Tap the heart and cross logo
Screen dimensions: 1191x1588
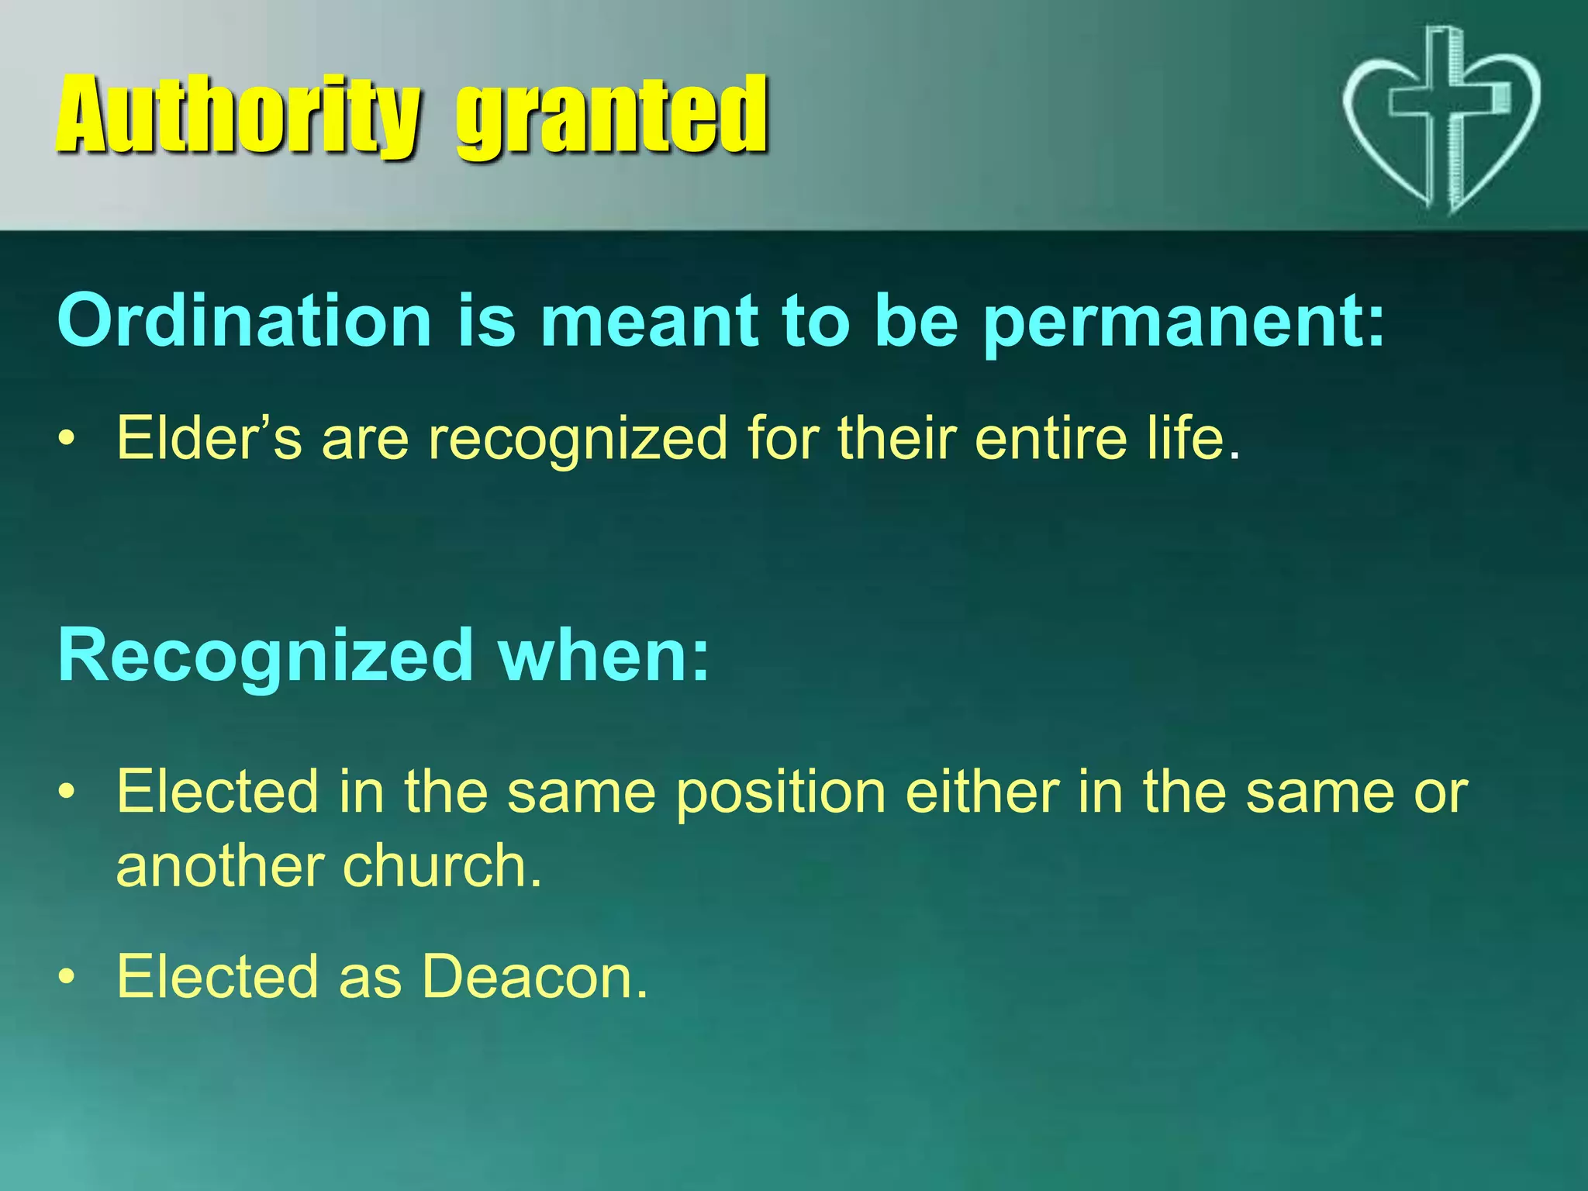tap(1441, 120)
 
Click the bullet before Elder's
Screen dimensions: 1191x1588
tap(67, 440)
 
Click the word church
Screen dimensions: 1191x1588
tap(442, 866)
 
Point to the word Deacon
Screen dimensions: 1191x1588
tap(535, 976)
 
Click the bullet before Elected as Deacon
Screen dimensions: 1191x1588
tap(67, 978)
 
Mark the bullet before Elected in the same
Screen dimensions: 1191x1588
tap(67, 793)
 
